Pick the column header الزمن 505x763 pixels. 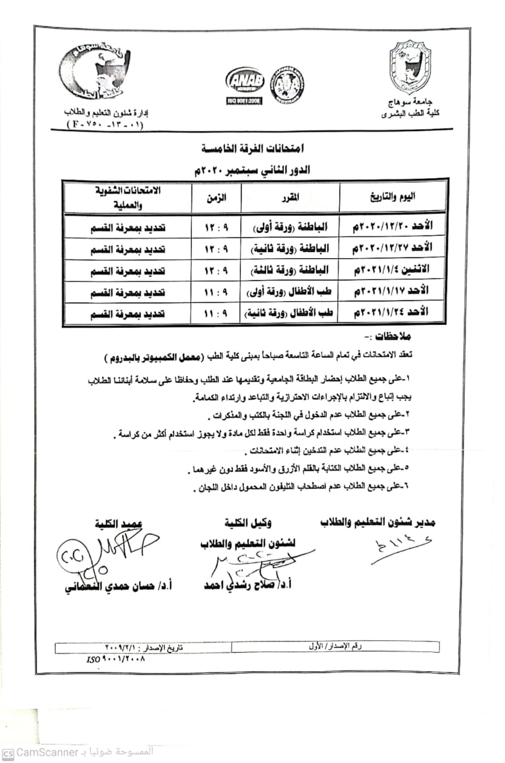click(215, 197)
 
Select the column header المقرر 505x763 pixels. click(290, 197)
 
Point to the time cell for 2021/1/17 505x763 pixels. click(215, 291)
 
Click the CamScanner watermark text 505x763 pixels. click(78, 752)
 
